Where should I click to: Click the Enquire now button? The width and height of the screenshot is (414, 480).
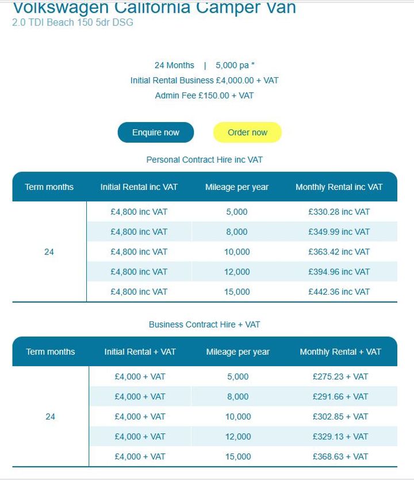(156, 132)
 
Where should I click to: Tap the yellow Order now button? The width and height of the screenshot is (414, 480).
(247, 132)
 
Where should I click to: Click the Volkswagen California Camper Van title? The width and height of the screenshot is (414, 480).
(154, 8)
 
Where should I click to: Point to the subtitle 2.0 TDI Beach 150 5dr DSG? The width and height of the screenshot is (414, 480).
(72, 23)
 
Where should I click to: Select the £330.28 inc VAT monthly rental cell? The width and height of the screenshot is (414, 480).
(339, 212)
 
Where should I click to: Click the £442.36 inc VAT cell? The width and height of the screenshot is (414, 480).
(339, 292)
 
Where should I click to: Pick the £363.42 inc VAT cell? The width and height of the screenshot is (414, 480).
(339, 252)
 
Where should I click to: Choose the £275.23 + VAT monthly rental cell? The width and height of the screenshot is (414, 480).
(340, 377)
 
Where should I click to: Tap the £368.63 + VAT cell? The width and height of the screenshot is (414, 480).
(340, 456)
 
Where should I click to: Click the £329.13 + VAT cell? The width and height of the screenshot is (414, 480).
(340, 437)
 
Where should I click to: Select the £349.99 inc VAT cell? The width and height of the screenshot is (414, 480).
(339, 232)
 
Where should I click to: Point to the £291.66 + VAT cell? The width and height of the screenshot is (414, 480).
(340, 397)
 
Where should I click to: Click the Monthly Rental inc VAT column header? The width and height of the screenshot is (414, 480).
(339, 187)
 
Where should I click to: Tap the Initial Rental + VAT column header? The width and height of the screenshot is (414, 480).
(140, 352)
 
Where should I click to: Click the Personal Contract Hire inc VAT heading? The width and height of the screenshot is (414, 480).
(205, 159)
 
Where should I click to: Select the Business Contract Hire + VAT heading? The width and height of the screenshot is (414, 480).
(205, 325)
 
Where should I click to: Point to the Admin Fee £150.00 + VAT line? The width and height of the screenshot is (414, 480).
(205, 96)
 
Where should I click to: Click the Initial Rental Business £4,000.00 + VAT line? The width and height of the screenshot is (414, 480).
(205, 81)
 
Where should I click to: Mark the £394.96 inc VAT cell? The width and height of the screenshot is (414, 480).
(339, 272)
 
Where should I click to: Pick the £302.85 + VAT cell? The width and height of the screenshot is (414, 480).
(340, 417)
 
